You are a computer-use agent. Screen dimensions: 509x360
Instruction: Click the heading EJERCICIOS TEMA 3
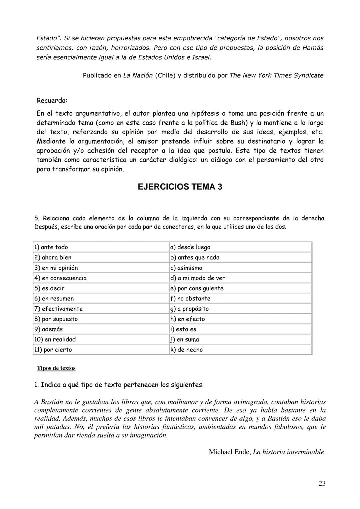[x=180, y=187]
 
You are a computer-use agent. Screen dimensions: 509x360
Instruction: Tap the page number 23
[x=322, y=483]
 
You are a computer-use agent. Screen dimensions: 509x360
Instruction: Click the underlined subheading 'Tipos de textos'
[x=56, y=368]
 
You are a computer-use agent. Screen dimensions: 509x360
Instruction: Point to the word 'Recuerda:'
[x=52, y=100]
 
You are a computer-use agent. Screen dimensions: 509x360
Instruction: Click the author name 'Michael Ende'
[x=229, y=452]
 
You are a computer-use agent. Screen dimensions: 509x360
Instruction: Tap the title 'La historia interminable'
[x=288, y=452]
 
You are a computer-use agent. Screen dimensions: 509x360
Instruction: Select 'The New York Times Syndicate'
[x=276, y=75]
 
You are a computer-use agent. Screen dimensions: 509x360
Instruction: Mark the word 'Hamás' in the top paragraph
[x=313, y=48]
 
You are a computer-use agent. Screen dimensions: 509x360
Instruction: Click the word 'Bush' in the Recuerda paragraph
[x=239, y=123]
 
